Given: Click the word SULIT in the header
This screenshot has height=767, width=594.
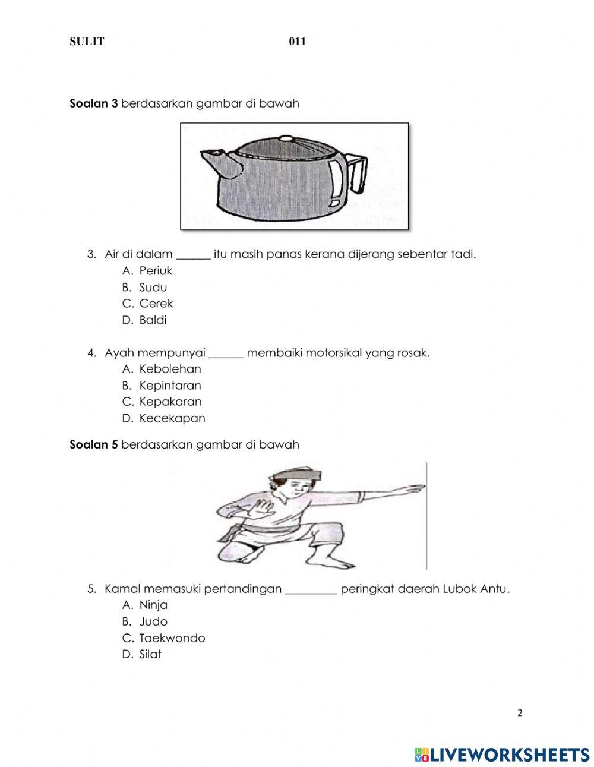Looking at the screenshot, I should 87,42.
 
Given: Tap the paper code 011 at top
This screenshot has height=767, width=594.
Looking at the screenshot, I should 297,42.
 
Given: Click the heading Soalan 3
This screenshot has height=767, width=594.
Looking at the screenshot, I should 94,103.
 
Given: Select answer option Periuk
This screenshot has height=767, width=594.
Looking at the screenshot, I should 156,271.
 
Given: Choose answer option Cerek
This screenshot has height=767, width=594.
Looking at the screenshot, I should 156,304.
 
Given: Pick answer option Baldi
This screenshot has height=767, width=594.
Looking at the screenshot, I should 153,320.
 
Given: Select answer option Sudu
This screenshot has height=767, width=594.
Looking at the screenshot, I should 153,288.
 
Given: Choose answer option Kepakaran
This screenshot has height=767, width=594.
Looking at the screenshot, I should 170,402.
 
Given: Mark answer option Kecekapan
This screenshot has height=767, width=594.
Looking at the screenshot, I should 172,418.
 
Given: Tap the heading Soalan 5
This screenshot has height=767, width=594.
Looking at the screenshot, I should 94,444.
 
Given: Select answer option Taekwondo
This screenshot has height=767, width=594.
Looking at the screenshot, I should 172,638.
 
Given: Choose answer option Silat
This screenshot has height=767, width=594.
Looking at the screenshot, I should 150,655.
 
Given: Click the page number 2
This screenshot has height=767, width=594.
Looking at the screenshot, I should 520,713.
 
